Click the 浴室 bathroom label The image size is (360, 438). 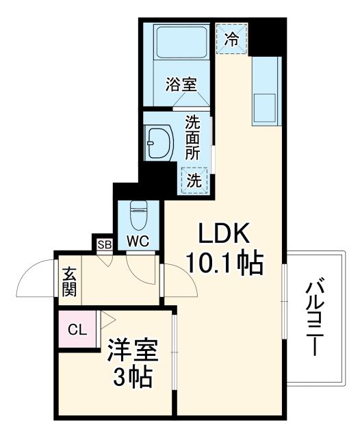click(x=181, y=84)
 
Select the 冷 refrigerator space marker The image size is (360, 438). click(x=233, y=38)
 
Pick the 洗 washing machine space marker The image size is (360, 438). click(x=194, y=181)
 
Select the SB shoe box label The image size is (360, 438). click(x=104, y=244)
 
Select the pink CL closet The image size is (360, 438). click(x=77, y=330)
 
